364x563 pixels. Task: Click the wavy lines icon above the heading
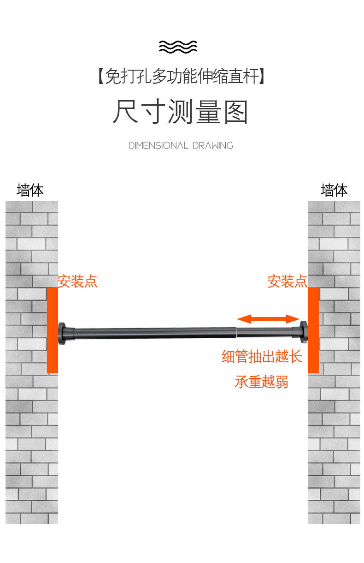(178, 47)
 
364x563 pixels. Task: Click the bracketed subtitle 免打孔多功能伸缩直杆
(182, 76)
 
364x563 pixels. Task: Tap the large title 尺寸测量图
(181, 112)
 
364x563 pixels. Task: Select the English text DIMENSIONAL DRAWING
(181, 146)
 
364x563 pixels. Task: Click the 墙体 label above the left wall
(30, 190)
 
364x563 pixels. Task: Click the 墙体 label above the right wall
(334, 190)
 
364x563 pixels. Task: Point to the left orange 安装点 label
(77, 281)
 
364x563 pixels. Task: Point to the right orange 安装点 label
(287, 281)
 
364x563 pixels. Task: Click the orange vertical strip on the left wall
(52, 330)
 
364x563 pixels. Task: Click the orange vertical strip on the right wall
(313, 330)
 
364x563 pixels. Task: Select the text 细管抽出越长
(262, 357)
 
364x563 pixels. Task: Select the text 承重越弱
(262, 382)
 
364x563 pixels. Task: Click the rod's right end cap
(303, 331)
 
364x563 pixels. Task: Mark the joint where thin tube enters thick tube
(236, 330)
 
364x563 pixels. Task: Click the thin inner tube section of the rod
(265, 330)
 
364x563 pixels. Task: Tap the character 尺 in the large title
(125, 112)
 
